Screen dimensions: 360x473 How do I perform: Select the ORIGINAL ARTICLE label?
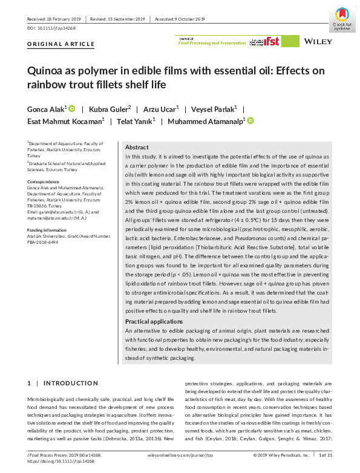(61, 44)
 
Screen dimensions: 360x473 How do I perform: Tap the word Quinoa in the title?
(46, 70)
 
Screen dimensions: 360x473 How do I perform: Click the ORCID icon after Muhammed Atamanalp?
(250, 122)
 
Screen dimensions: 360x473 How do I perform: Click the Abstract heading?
(136, 148)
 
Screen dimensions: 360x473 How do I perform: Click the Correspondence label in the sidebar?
(44, 181)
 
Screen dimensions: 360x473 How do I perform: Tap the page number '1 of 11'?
(326, 454)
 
